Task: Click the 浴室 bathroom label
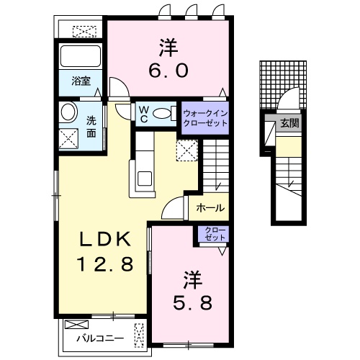81,82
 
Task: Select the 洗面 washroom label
91,127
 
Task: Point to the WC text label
143,114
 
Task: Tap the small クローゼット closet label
214,233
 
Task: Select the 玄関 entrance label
291,123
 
